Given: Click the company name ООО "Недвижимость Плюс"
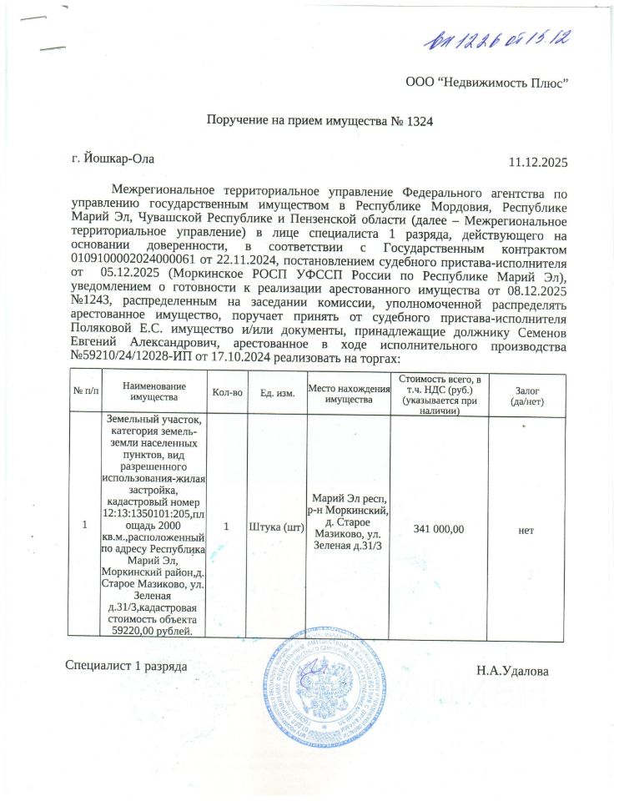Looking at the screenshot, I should pyautogui.click(x=487, y=82).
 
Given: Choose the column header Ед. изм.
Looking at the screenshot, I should pyautogui.click(x=277, y=392).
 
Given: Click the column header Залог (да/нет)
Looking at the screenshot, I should pyautogui.click(x=526, y=392).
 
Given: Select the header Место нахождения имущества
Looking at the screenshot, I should pyautogui.click(x=349, y=392).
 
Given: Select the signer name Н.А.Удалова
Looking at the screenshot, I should pyautogui.click(x=513, y=670).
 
